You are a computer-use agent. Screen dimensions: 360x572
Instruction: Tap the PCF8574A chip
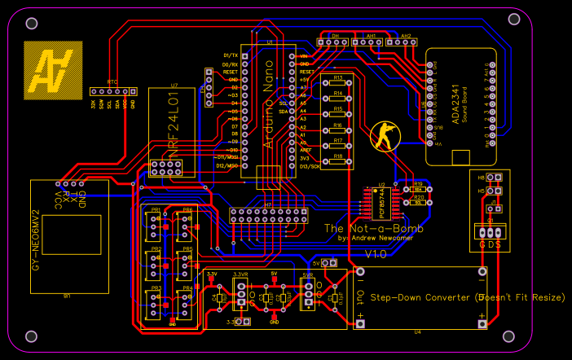(380, 202)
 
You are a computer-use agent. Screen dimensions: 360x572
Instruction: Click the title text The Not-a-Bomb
(363, 229)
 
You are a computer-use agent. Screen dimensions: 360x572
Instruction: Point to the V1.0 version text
(376, 254)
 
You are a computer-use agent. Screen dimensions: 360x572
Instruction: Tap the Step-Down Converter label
(467, 297)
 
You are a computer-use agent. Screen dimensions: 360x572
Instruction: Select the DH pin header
(335, 41)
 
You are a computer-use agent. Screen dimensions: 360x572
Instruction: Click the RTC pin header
(112, 92)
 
